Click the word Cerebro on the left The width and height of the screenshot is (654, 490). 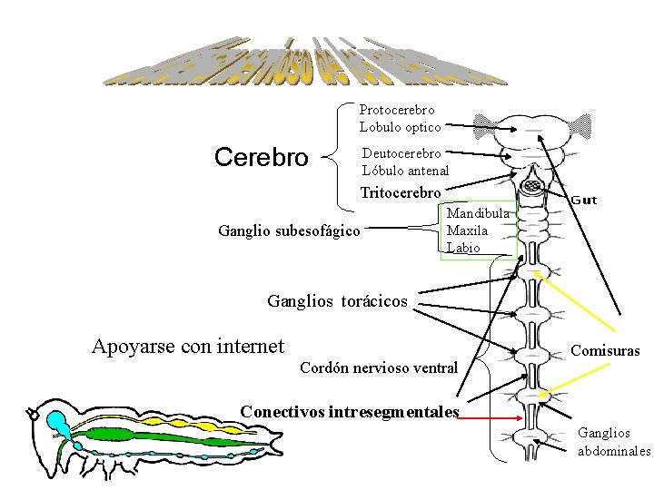261,158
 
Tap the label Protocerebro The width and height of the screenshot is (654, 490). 397,111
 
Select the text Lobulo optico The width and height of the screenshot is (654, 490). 400,128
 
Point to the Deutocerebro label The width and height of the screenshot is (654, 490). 401,153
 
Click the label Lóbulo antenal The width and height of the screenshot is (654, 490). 405,171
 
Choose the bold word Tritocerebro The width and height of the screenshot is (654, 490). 401,192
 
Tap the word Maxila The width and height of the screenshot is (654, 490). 467,230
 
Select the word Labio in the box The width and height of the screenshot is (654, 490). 463,248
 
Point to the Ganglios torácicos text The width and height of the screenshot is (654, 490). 338,301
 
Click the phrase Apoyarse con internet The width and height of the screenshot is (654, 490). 188,346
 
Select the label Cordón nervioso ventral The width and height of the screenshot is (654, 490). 378,367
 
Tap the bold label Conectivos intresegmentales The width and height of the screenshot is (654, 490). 350,412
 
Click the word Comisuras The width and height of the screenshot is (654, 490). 605,350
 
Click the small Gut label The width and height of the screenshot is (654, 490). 583,200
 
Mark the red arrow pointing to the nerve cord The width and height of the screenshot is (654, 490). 490,418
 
